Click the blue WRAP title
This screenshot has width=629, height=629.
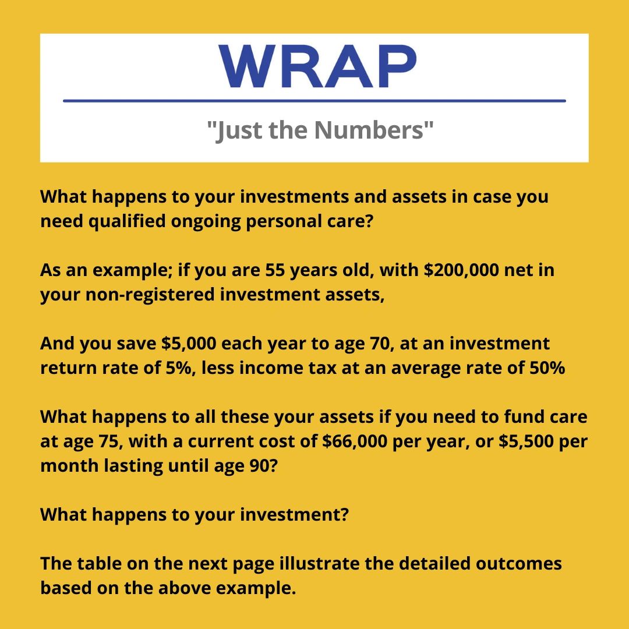point(317,66)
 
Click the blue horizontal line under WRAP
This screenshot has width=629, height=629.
point(314,101)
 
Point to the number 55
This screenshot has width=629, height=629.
point(275,270)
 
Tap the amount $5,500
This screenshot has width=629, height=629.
point(526,441)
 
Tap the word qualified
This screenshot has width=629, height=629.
point(127,221)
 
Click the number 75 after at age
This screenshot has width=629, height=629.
point(108,441)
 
